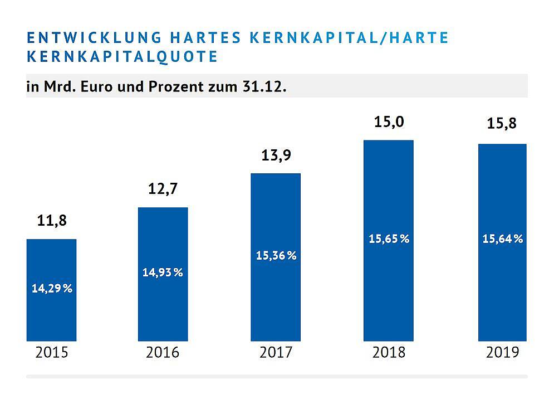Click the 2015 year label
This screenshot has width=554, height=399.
pos(51,352)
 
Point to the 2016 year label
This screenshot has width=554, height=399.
pos(163,352)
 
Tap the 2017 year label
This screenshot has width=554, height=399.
pos(276,352)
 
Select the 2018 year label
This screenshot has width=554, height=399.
pos(389,352)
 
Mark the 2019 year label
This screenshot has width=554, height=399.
pos(502,352)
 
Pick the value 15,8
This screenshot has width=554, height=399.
pos(502,124)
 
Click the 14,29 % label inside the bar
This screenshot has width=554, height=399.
pos(51,289)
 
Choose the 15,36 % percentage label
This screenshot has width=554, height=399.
pos(276,256)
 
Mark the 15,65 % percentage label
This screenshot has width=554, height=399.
pos(389,239)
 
